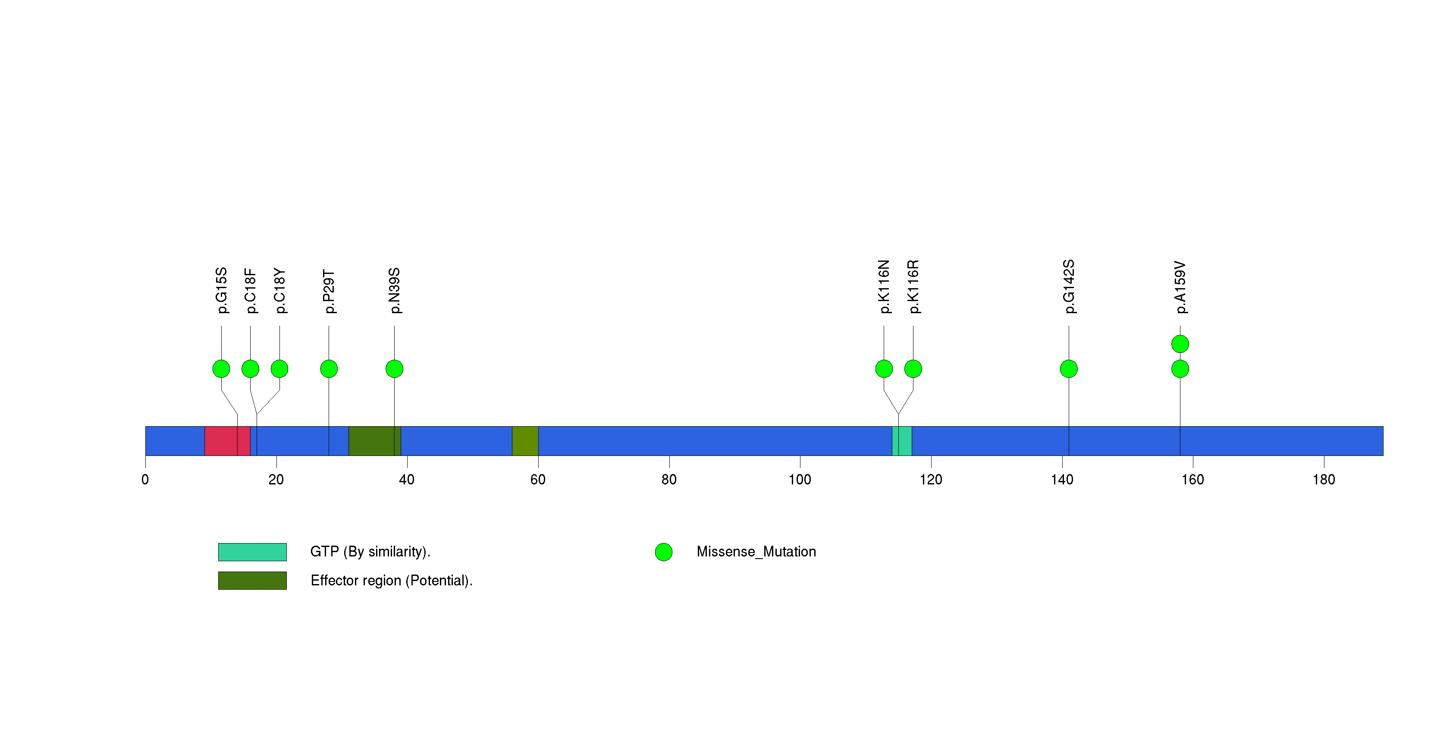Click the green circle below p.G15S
[x=221, y=369]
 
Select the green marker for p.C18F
[x=251, y=369]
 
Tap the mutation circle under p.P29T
[x=329, y=369]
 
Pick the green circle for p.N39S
[x=395, y=369]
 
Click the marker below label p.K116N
[x=884, y=369]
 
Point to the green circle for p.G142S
[x=1069, y=369]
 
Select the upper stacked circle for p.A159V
[x=1180, y=344]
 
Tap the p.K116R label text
[x=913, y=286]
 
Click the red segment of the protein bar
[x=227, y=441]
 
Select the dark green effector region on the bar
[x=375, y=441]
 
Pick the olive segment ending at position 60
[x=525, y=441]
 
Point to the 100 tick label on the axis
[x=800, y=480]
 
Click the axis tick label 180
[x=1324, y=480]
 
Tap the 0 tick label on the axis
[x=145, y=480]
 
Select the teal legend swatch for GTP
[x=253, y=552]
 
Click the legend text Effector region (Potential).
[x=392, y=581]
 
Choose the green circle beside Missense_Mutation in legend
[x=664, y=552]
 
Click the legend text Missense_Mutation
[x=756, y=552]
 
